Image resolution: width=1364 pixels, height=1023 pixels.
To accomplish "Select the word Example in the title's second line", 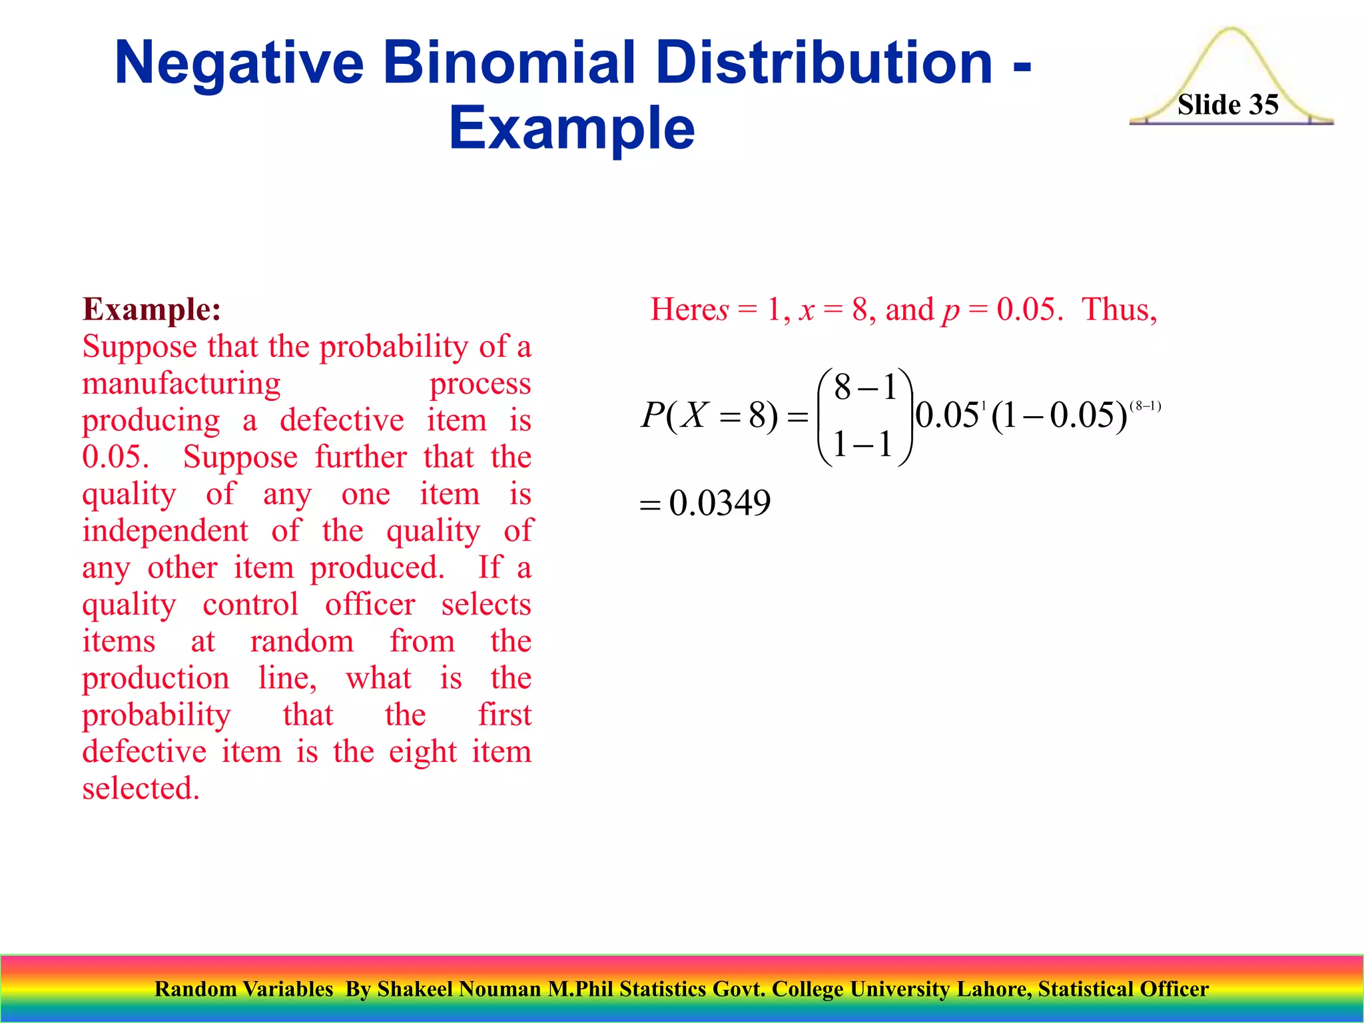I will point(571,128).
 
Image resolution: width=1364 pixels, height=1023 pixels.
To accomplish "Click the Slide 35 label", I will point(1227,105).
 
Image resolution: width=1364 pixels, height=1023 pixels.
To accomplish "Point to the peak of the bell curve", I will point(1231,30).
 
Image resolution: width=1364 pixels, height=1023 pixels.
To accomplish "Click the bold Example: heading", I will point(151,309).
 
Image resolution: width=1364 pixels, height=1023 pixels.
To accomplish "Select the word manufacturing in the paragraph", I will point(181,384).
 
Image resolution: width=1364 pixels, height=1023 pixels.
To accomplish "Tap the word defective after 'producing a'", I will point(342,420).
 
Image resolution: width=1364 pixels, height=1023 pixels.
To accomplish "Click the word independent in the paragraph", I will point(165,531).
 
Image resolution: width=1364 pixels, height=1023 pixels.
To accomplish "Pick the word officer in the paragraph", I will point(370,605).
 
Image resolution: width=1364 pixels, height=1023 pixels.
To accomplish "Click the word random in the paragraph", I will point(302,641).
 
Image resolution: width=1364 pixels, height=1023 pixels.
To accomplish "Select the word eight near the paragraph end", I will point(422,752).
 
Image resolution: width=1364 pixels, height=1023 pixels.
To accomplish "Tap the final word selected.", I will point(141,789).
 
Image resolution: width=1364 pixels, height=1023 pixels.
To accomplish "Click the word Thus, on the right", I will point(1120,310).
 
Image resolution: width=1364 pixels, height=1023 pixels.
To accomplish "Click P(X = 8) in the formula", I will point(709,416).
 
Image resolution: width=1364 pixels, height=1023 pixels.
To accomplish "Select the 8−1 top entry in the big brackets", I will point(864,388).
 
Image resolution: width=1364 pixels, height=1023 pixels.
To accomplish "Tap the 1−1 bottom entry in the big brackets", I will point(863,444).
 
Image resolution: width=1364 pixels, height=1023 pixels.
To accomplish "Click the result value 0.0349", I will point(719,504).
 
